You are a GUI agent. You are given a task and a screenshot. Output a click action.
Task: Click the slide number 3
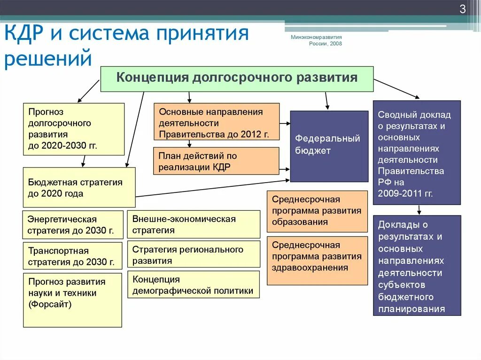pyautogui.click(x=462, y=9)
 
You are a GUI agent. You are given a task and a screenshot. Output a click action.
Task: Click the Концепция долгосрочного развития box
pyautogui.click(x=237, y=78)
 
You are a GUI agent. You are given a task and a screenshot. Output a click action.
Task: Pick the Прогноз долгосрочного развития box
pyautogui.click(x=74, y=129)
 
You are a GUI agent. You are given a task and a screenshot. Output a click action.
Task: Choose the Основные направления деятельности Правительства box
pyautogui.click(x=217, y=122)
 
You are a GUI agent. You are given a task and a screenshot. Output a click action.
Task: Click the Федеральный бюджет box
pyautogui.click(x=329, y=146)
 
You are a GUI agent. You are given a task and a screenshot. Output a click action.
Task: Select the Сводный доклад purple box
pyautogui.click(x=417, y=153)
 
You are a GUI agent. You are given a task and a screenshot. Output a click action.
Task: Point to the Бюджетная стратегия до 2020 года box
pyautogui.click(x=79, y=187)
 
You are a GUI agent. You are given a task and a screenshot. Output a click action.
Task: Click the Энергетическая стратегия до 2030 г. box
pyautogui.click(x=73, y=225)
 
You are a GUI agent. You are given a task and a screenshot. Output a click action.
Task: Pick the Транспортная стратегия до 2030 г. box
pyautogui.click(x=72, y=256)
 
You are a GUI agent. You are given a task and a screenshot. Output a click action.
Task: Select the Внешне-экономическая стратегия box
pyautogui.click(x=194, y=224)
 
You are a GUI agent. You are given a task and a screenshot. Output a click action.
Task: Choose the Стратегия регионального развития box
pyautogui.click(x=194, y=255)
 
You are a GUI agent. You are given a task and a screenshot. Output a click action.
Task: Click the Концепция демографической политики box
pyautogui.click(x=194, y=284)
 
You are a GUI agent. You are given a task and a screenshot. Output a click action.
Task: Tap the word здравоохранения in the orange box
pyautogui.click(x=310, y=268)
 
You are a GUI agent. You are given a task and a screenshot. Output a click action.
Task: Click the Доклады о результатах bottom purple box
pyautogui.click(x=417, y=265)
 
